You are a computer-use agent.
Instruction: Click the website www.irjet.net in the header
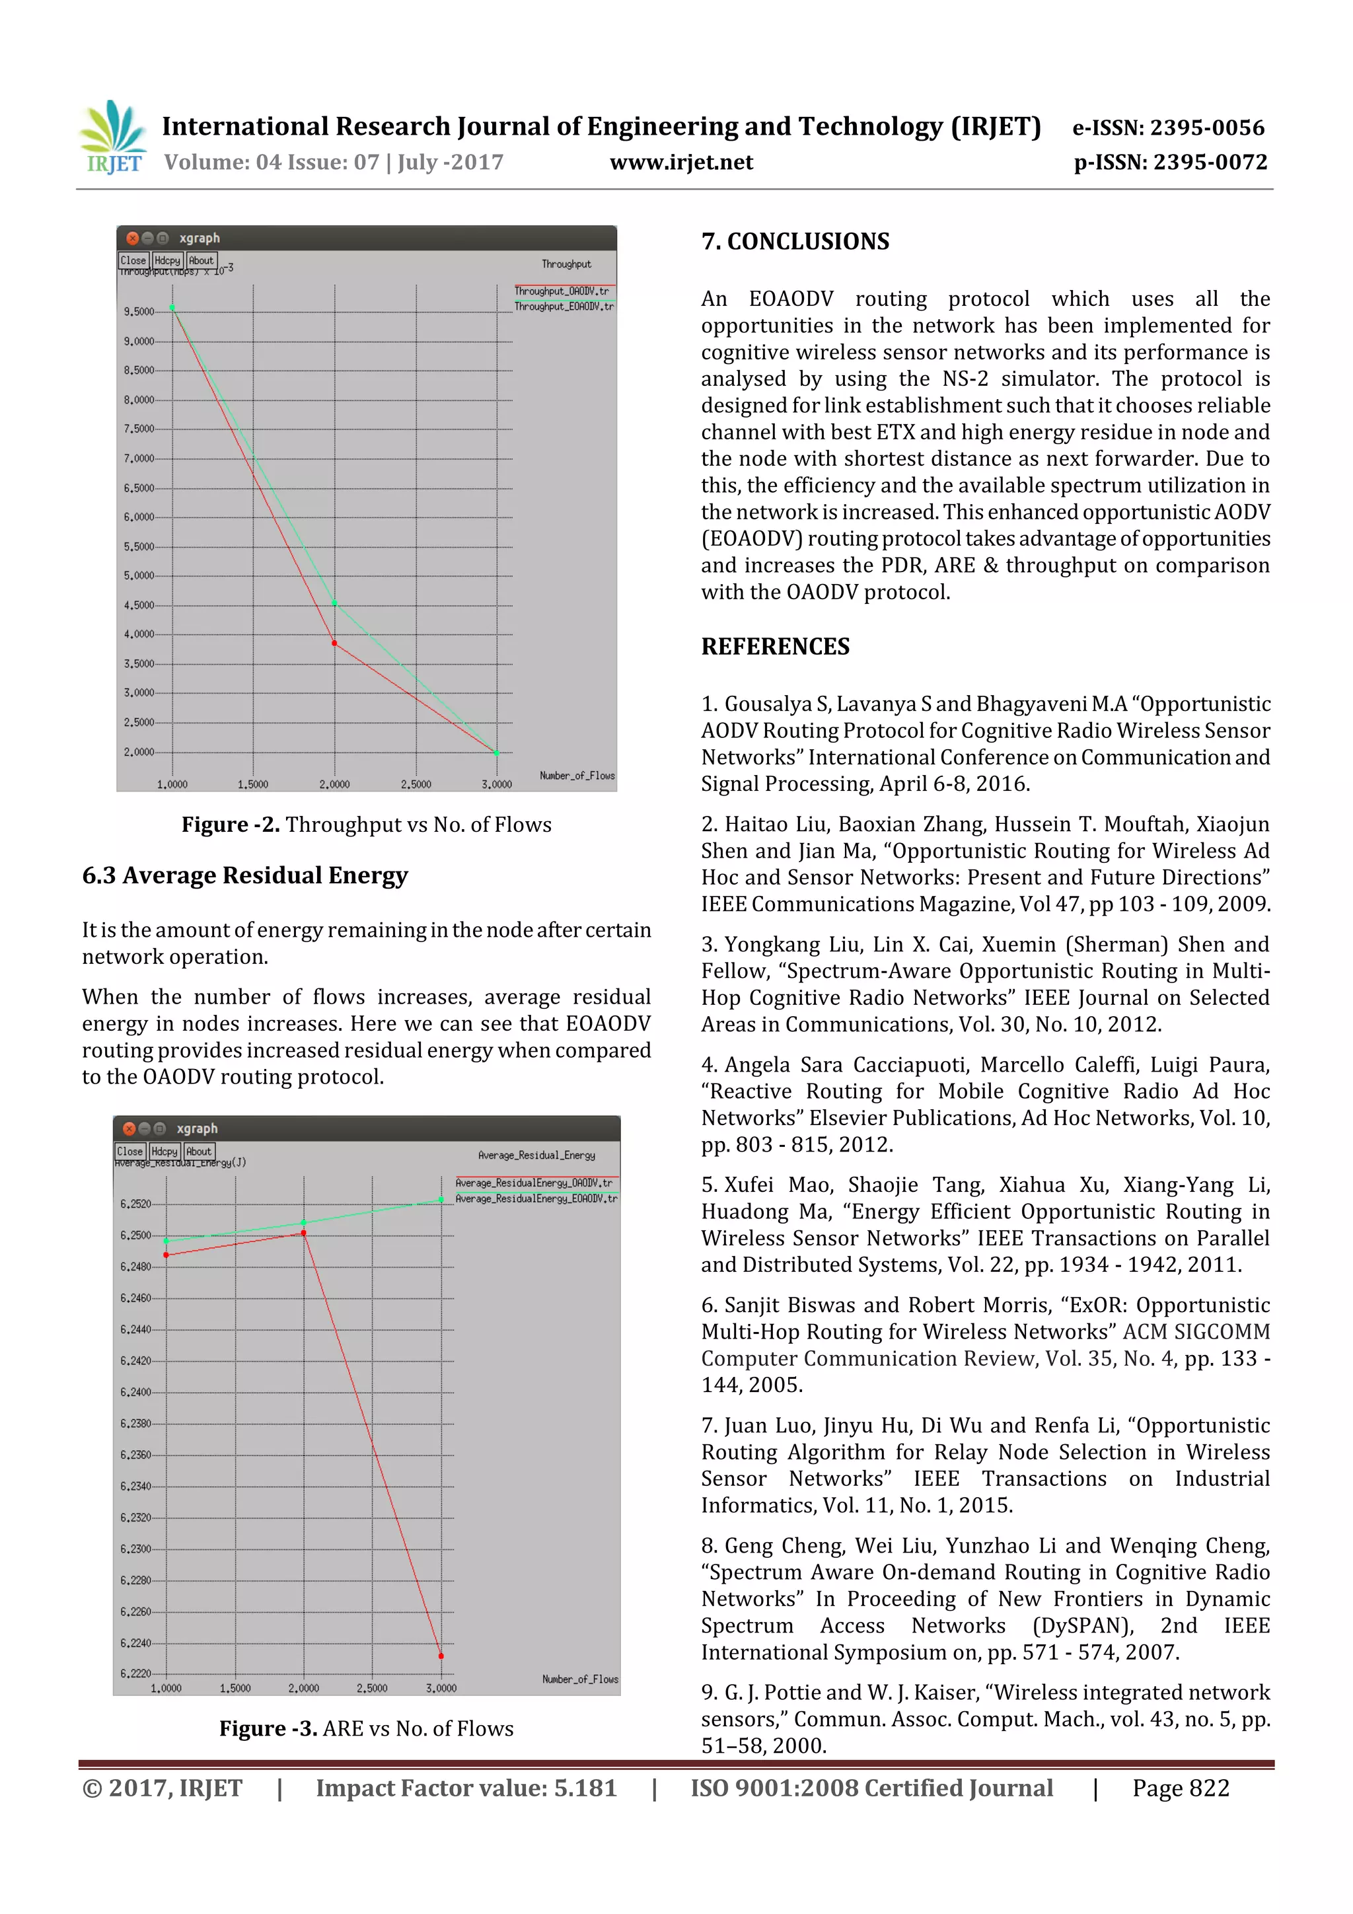pyautogui.click(x=681, y=162)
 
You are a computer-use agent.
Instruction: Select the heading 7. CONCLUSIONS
pyautogui.click(x=795, y=242)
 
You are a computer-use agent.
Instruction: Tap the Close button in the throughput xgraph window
pyautogui.click(x=133, y=260)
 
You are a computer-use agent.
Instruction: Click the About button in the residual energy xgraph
pyautogui.click(x=198, y=1151)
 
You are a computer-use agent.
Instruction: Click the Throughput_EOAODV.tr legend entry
pyautogui.click(x=564, y=307)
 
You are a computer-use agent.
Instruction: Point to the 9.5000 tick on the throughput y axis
pyautogui.click(x=139, y=312)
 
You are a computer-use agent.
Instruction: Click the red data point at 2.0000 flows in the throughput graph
pyautogui.click(x=334, y=643)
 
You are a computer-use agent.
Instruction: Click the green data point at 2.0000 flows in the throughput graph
pyautogui.click(x=334, y=602)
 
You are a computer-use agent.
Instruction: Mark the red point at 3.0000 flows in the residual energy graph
pyautogui.click(x=441, y=1656)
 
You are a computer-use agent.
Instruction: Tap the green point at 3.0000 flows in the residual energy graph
pyautogui.click(x=441, y=1200)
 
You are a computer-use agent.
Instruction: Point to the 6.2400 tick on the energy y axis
pyautogui.click(x=136, y=1392)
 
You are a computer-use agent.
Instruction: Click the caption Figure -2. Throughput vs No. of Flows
pyautogui.click(x=366, y=825)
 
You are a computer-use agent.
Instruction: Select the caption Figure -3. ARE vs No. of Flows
pyautogui.click(x=366, y=1728)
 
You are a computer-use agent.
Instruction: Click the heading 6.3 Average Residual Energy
pyautogui.click(x=245, y=875)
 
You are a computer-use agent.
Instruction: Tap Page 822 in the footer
pyautogui.click(x=1180, y=1788)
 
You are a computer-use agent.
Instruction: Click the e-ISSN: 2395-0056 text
pyautogui.click(x=1168, y=128)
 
